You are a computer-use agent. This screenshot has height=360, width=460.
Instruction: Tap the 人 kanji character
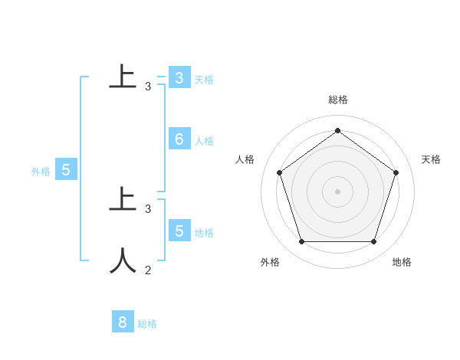tap(123, 260)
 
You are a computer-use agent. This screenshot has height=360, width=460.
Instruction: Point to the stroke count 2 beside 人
tap(148, 270)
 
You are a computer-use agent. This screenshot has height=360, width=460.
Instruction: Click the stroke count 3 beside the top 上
tap(148, 87)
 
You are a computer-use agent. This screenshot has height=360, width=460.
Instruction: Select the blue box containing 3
tap(179, 78)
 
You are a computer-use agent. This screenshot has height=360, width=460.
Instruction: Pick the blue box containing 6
tap(179, 139)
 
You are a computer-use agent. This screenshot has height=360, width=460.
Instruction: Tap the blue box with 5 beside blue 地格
tap(179, 231)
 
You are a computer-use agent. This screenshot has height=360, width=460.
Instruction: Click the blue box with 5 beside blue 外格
tap(65, 170)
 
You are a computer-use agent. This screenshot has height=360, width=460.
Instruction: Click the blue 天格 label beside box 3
tap(204, 80)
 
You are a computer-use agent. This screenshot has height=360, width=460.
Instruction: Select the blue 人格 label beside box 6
tap(204, 141)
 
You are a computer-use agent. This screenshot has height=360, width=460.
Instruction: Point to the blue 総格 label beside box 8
tap(147, 324)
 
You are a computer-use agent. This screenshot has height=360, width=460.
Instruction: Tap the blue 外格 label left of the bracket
tap(41, 172)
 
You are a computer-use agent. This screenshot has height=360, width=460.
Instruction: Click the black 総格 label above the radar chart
tap(338, 100)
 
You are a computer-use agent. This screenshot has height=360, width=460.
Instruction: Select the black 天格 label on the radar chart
tap(432, 159)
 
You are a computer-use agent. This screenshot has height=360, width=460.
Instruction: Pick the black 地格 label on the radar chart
tap(402, 262)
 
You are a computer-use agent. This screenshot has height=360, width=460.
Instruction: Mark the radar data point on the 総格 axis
tap(337, 130)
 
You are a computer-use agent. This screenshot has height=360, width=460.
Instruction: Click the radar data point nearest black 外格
tap(301, 242)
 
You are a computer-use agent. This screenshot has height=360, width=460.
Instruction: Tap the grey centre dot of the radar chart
tap(337, 191)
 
